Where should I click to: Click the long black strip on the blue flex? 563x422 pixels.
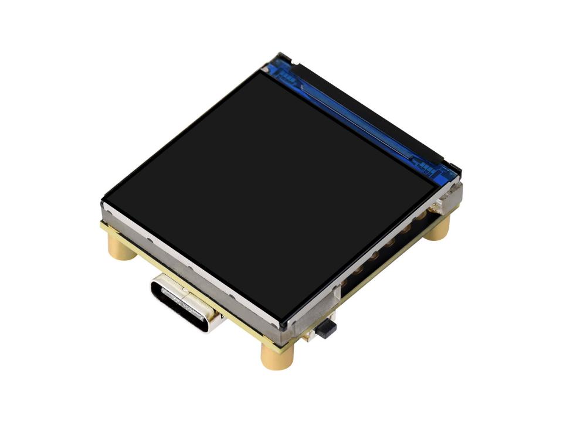click(364, 111)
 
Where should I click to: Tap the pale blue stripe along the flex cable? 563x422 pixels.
click(352, 117)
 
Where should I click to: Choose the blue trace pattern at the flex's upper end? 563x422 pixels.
click(287, 70)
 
